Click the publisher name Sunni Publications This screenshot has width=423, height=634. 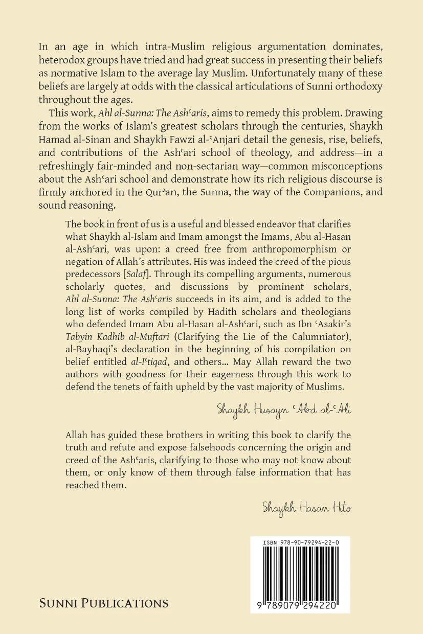(x=104, y=603)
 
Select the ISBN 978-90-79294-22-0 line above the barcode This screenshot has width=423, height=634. (x=300, y=541)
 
